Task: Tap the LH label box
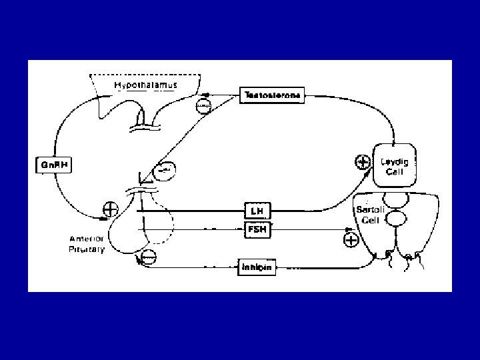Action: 257,211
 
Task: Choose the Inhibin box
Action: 257,268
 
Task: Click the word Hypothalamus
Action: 143,85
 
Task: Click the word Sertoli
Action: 367,209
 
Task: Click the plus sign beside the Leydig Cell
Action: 362,161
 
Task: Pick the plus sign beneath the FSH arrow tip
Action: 349,239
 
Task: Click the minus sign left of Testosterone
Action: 204,105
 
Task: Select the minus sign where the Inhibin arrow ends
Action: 149,256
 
